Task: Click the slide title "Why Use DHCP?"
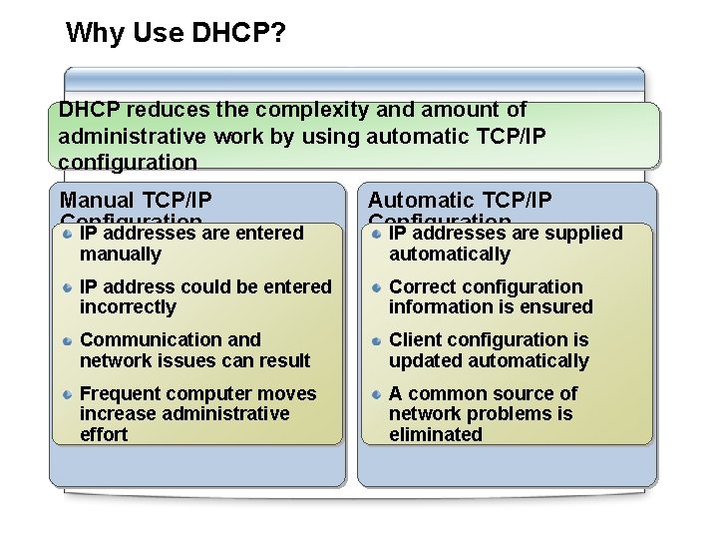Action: [176, 33]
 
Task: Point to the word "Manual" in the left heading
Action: [98, 200]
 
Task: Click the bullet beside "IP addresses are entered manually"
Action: [66, 234]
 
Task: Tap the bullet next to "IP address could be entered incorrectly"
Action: [66, 287]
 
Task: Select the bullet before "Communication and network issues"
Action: [66, 340]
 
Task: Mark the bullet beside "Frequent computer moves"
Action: [66, 394]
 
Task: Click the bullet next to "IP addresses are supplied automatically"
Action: [376, 234]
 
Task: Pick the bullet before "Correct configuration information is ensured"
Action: [376, 287]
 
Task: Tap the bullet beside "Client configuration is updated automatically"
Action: [376, 340]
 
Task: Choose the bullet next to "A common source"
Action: [376, 394]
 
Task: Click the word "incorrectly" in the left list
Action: [128, 307]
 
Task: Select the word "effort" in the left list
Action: [104, 434]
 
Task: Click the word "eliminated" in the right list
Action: [436, 434]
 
